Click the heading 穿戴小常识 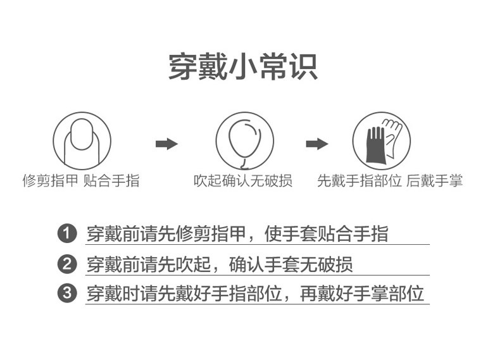(243, 66)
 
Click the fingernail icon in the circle (82, 140)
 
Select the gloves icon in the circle (382, 140)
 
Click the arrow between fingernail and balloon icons (166, 144)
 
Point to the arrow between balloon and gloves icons (316, 144)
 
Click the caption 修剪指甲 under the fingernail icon (50, 182)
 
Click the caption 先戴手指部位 (359, 182)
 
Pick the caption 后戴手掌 (435, 182)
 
